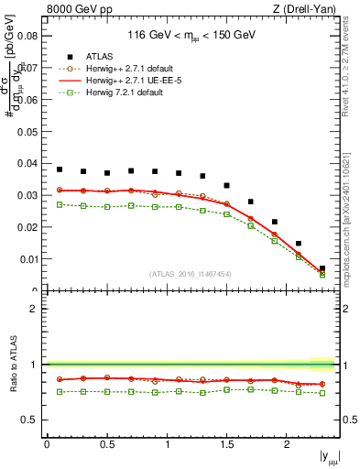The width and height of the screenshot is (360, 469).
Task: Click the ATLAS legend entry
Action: point(98,57)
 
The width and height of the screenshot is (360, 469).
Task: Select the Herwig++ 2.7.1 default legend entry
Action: point(125,69)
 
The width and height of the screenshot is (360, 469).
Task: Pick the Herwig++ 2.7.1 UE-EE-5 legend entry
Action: point(126,80)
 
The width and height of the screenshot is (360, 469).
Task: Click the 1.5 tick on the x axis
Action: point(226,444)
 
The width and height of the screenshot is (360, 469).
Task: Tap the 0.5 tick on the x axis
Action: point(106,444)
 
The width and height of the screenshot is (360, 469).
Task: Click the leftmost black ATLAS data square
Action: point(60,169)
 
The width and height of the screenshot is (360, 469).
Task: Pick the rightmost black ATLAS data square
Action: point(322,268)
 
